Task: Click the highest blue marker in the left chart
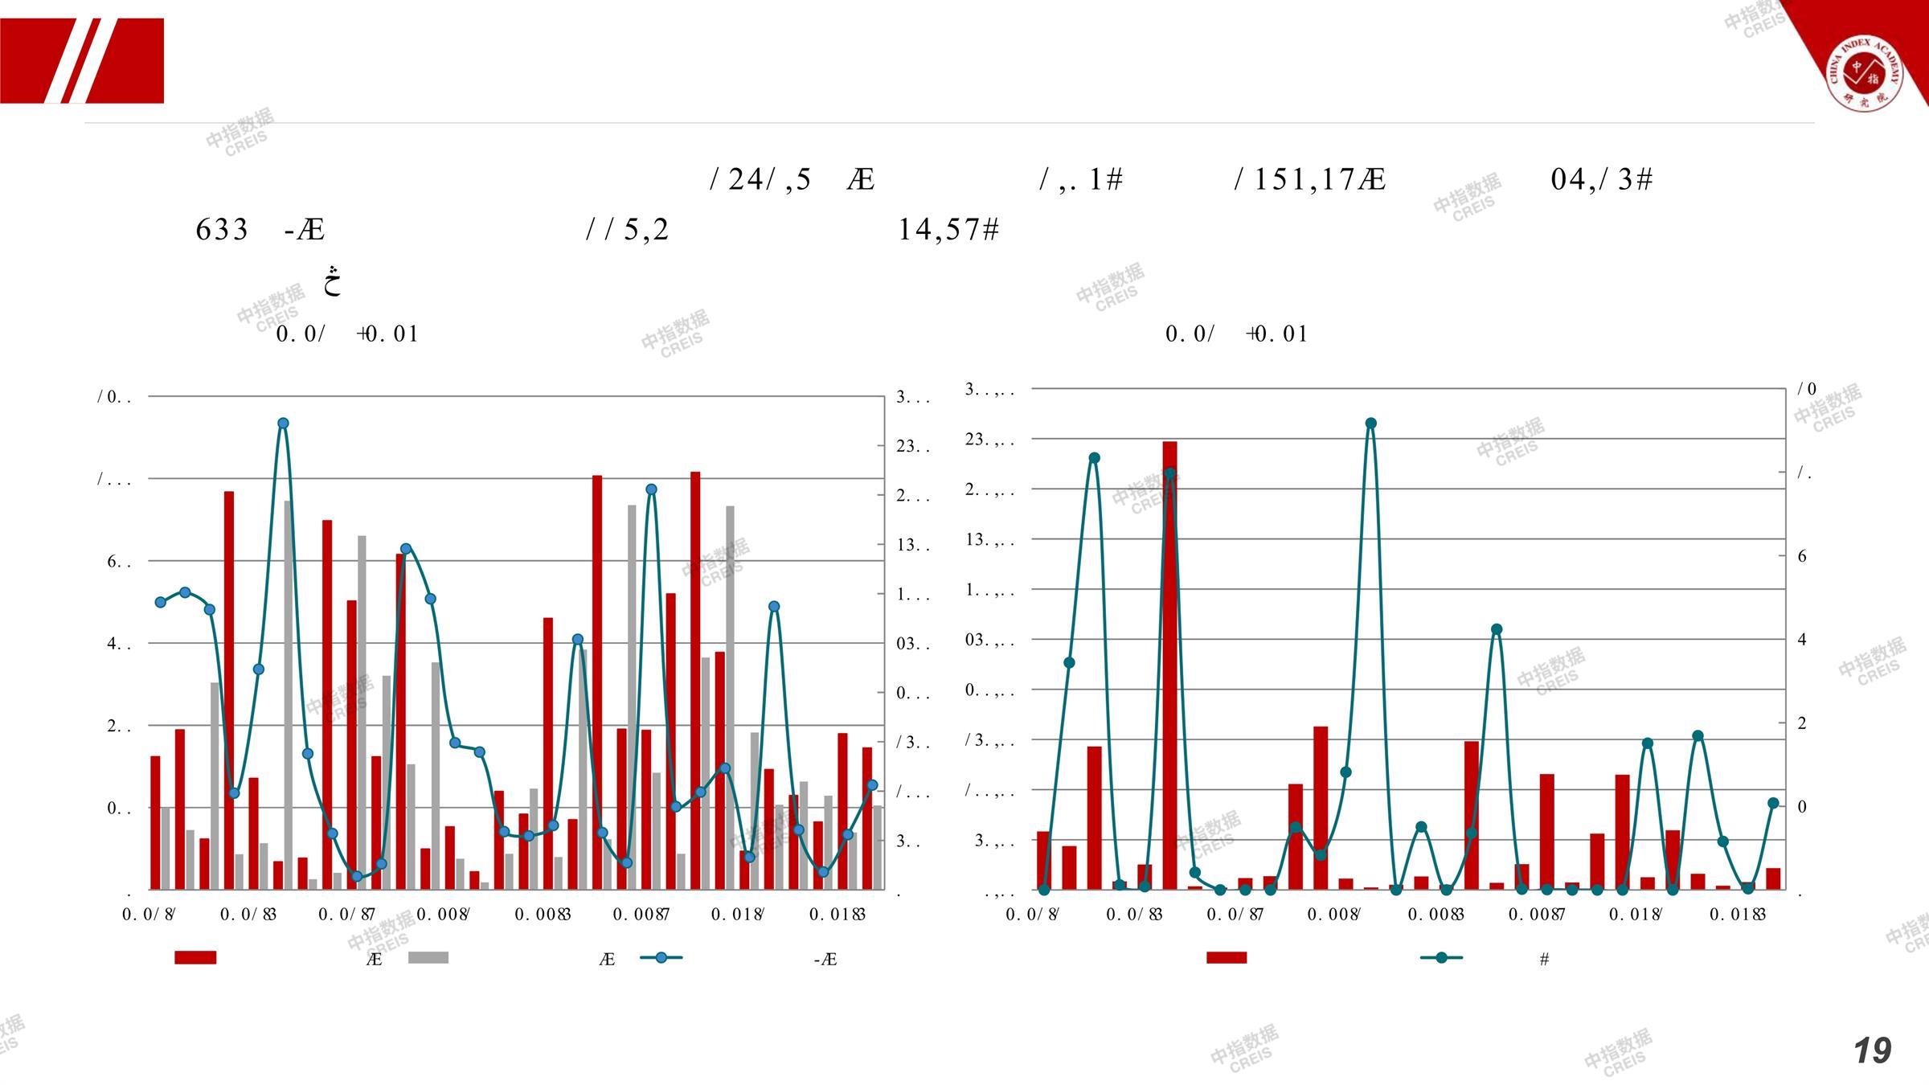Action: click(x=283, y=424)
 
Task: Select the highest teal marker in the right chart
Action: click(x=1371, y=424)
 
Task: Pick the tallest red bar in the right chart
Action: click(x=1169, y=665)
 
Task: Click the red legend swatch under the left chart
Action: click(x=195, y=957)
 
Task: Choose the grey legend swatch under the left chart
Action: click(x=428, y=957)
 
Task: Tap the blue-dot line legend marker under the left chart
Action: click(x=661, y=957)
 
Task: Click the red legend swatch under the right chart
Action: click(x=1227, y=957)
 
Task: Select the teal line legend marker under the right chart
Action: click(x=1442, y=957)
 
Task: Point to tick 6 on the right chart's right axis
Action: click(x=1802, y=556)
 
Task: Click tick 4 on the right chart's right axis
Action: click(x=1802, y=640)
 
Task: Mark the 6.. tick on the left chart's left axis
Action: click(x=119, y=562)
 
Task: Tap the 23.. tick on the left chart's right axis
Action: click(x=913, y=446)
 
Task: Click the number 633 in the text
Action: click(x=222, y=230)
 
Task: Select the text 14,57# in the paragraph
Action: click(x=948, y=230)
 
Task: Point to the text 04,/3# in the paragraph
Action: click(x=1601, y=179)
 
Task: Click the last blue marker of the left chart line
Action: click(x=872, y=785)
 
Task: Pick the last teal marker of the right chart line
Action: click(x=1773, y=804)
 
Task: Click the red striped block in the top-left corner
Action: click(x=82, y=61)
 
